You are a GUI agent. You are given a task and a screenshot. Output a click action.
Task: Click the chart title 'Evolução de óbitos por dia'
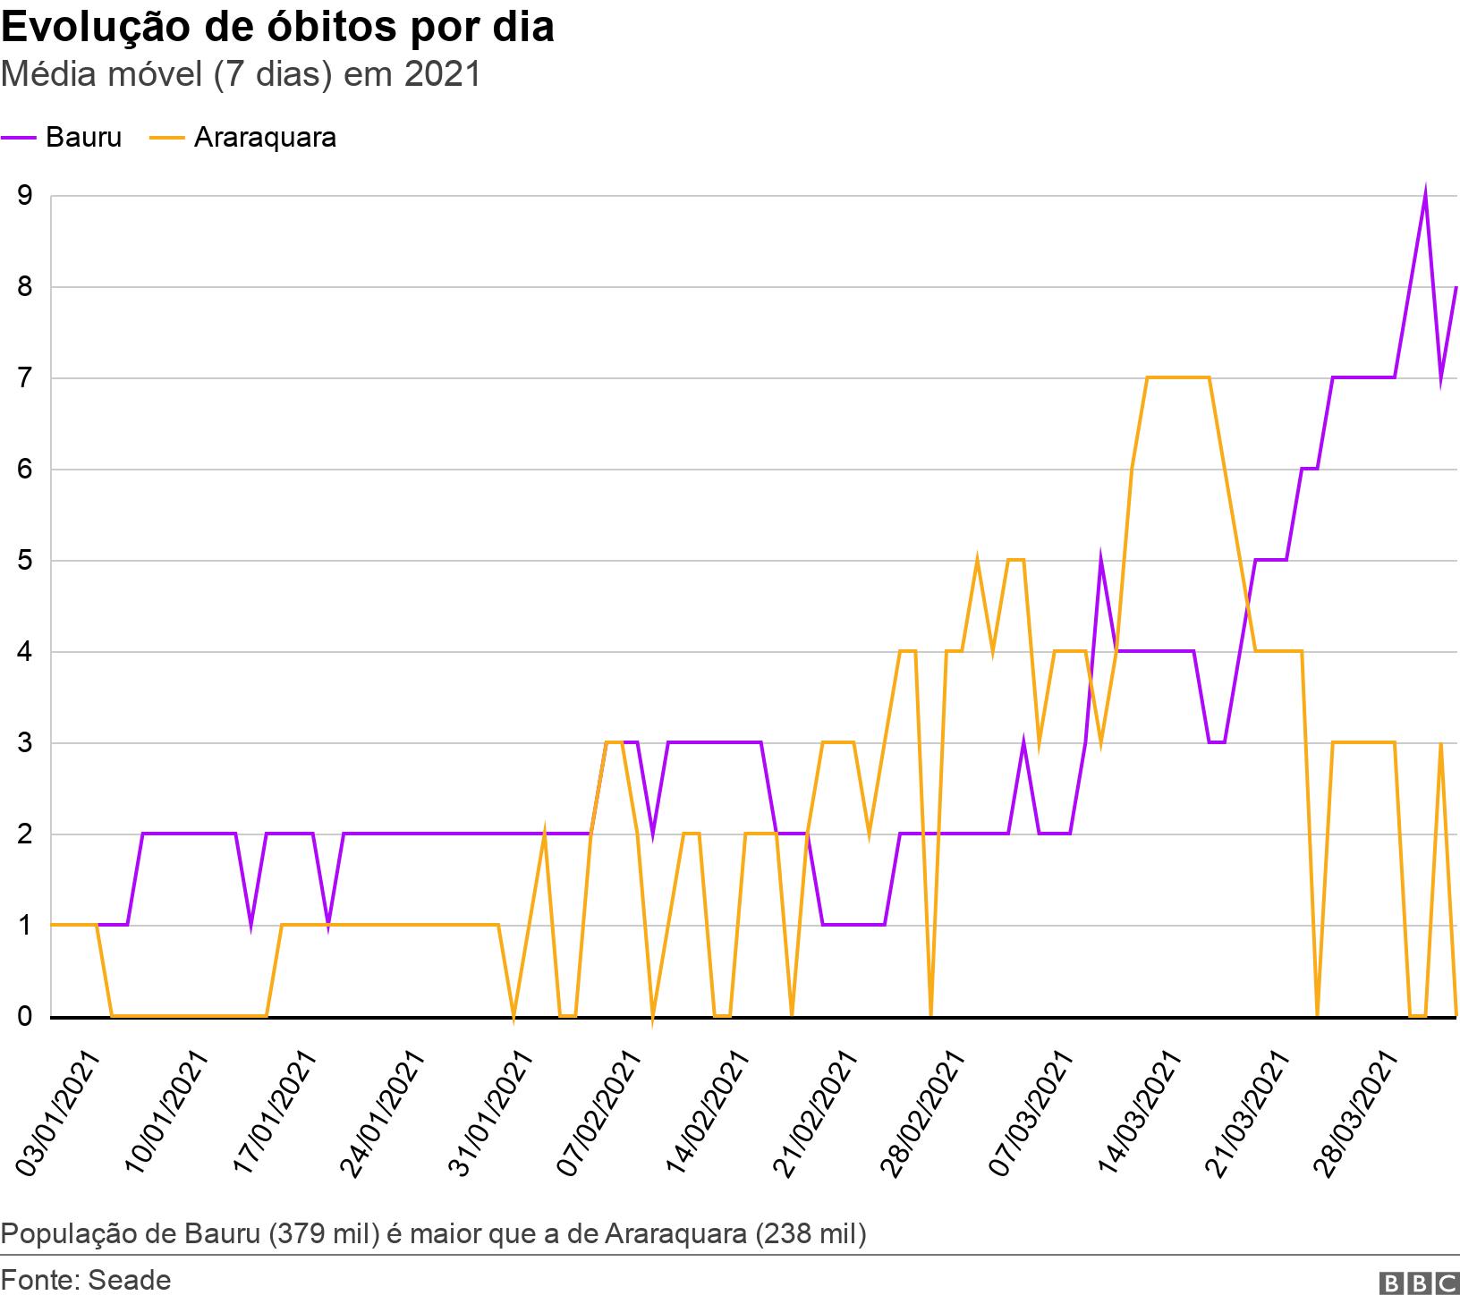coord(277,28)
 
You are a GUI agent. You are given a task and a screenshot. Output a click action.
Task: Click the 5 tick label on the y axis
coord(24,561)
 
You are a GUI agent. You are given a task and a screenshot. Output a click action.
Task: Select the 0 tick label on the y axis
coord(24,1017)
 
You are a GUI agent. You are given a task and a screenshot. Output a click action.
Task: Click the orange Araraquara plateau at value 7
coord(1178,377)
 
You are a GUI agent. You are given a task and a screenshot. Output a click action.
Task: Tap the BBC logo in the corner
coord(1419,1283)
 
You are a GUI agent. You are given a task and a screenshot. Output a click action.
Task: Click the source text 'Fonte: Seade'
coord(86,1280)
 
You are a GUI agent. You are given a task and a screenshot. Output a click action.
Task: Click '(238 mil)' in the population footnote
coord(811,1234)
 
